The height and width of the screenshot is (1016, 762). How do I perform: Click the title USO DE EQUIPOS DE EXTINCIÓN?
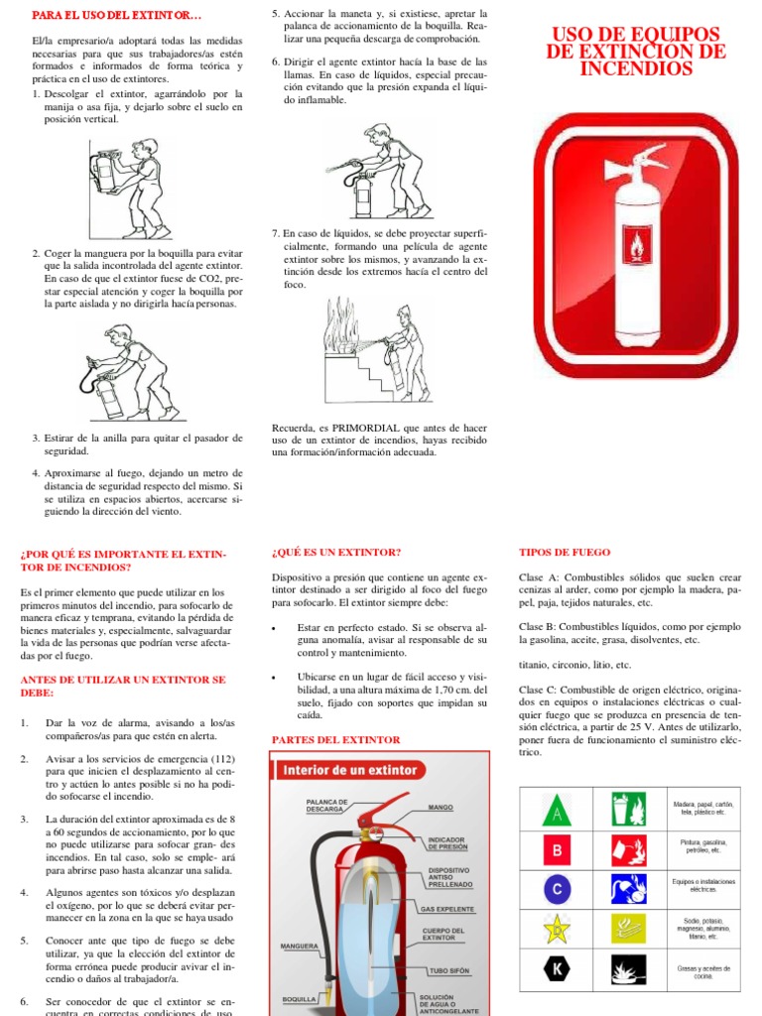pos(636,52)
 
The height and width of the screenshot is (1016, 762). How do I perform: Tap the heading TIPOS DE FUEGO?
pos(565,552)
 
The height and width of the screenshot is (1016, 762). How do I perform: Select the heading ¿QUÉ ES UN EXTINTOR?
pos(335,552)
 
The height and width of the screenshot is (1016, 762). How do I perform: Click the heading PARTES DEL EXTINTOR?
pos(335,739)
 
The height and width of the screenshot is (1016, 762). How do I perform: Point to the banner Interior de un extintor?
pos(352,770)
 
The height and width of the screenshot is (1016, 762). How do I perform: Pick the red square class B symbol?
pos(558,850)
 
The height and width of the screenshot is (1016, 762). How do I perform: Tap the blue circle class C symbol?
pos(558,887)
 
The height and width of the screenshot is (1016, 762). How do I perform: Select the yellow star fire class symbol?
pos(558,929)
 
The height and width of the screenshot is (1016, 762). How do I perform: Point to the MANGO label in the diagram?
pos(441,808)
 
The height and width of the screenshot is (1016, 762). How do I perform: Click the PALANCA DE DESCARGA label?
pos(326,805)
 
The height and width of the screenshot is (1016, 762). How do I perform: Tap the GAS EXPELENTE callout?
pos(447,908)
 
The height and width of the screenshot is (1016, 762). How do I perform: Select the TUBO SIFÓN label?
pos(448,969)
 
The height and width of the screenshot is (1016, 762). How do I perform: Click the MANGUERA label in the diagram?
pos(299,946)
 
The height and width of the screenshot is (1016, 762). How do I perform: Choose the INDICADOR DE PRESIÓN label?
pos(446,843)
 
